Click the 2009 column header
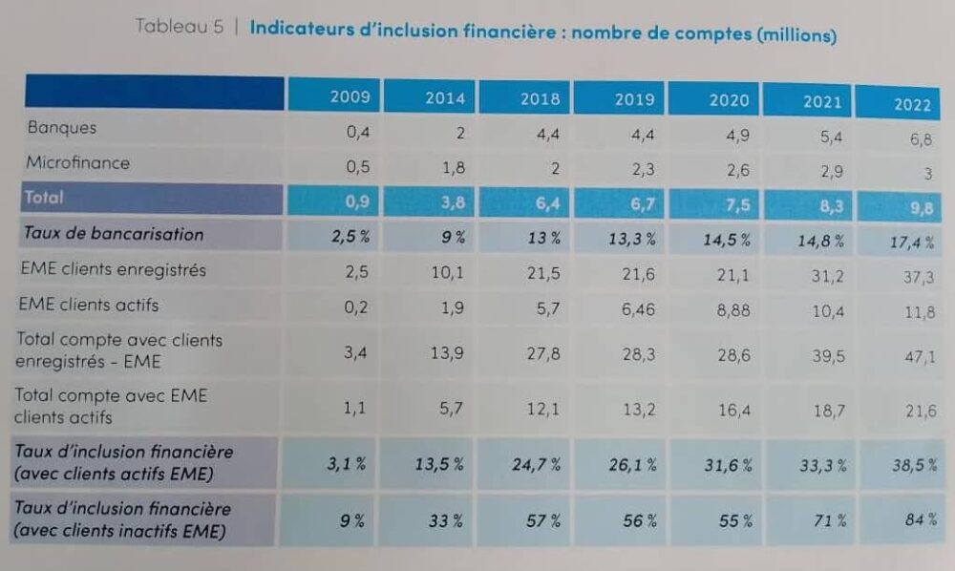pyautogui.click(x=350, y=96)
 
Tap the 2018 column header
pyautogui.click(x=541, y=98)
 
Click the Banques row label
pyautogui.click(x=62, y=128)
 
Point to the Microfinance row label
pyautogui.click(x=77, y=162)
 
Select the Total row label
pyautogui.click(x=45, y=198)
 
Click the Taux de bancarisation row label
pyautogui.click(x=114, y=234)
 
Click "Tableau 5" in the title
pyautogui.click(x=179, y=27)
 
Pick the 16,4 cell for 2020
pyautogui.click(x=732, y=410)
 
